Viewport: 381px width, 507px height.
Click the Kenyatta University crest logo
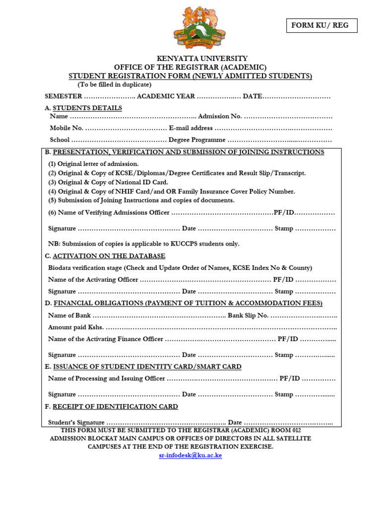199,28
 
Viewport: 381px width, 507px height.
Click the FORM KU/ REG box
321,26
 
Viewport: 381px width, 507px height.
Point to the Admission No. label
220,116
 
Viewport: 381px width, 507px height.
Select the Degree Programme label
197,140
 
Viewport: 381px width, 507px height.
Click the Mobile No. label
66,128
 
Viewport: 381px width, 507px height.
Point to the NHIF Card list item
171,192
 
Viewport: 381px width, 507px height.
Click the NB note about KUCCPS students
143,244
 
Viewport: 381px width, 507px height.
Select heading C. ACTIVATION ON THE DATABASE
105,256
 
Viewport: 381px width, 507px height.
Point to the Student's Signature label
76,422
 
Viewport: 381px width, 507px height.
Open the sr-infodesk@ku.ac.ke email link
190,456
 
